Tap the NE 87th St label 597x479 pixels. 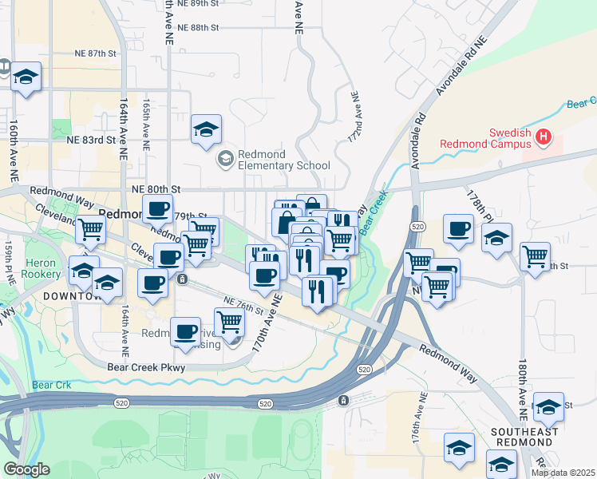click(97, 53)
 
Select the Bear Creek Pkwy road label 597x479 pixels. click(146, 368)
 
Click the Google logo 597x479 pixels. click(26, 469)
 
